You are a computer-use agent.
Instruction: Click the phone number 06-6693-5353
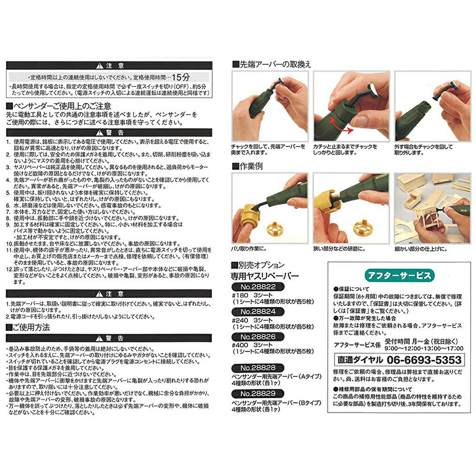pos(425,359)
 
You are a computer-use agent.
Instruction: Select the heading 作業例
pos(250,166)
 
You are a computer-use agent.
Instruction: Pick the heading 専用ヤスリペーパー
pos(264,275)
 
